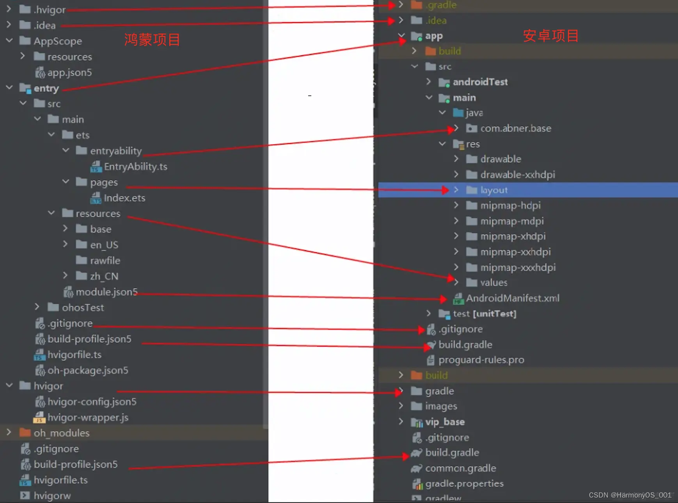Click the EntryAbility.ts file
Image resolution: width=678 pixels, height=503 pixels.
click(x=135, y=167)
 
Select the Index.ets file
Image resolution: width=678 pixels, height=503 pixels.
click(x=124, y=198)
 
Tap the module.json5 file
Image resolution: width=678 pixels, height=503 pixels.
click(x=106, y=292)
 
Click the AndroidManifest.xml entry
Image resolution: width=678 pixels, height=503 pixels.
click(x=512, y=298)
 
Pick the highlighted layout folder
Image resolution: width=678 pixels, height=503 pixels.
click(x=493, y=190)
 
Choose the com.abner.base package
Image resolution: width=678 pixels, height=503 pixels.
click(x=515, y=128)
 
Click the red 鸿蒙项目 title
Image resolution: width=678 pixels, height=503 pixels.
click(x=152, y=40)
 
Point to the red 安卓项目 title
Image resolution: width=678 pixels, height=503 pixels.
click(x=550, y=36)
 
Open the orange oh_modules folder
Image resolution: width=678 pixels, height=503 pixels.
click(x=61, y=433)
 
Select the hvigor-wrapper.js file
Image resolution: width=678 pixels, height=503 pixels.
click(x=87, y=418)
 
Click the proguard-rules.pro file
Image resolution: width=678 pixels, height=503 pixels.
click(x=481, y=360)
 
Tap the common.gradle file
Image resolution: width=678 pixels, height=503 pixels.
click(x=460, y=468)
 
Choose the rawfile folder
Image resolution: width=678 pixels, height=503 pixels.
click(x=105, y=260)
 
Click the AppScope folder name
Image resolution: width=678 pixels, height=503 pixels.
click(x=57, y=41)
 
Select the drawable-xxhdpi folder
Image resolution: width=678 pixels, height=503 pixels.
click(x=517, y=175)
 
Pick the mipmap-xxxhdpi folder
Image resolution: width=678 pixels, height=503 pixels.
click(x=518, y=267)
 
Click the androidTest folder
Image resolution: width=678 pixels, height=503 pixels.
click(x=480, y=82)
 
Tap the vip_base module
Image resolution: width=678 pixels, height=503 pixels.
click(x=445, y=422)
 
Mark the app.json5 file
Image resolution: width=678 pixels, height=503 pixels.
click(x=69, y=73)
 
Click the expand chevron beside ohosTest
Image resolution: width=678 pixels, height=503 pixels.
click(x=37, y=307)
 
